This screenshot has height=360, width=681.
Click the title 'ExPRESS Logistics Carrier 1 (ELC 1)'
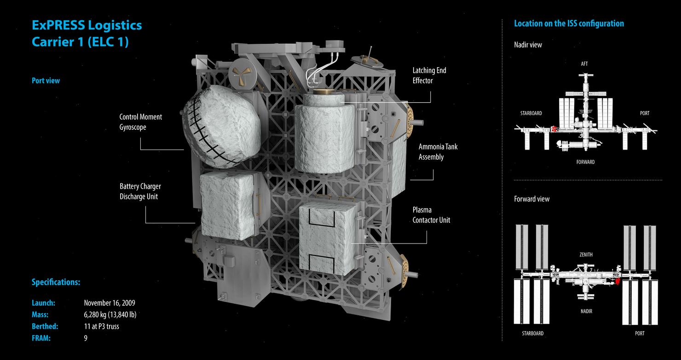[x=87, y=33]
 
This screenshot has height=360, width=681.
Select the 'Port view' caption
[x=46, y=81]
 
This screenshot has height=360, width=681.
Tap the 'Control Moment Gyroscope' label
[x=141, y=122]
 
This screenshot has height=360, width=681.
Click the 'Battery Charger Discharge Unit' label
[x=140, y=192]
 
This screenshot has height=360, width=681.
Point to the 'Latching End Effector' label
[x=429, y=75]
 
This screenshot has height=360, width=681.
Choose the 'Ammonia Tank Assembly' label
[x=438, y=152]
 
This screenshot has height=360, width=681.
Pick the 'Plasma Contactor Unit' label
[x=431, y=215]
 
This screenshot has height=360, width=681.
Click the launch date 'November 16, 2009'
[x=109, y=303]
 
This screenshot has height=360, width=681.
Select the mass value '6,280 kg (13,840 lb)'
[x=110, y=315]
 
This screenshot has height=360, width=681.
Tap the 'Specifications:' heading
[x=56, y=282]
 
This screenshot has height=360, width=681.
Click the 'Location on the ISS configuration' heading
[x=569, y=23]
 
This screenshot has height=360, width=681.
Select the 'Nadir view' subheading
[x=528, y=45]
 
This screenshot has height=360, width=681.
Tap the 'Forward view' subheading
[x=531, y=199]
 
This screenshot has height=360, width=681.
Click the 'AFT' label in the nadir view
[x=584, y=64]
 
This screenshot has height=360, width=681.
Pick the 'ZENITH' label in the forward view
[x=586, y=255]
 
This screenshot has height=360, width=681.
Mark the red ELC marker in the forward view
[x=618, y=279]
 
